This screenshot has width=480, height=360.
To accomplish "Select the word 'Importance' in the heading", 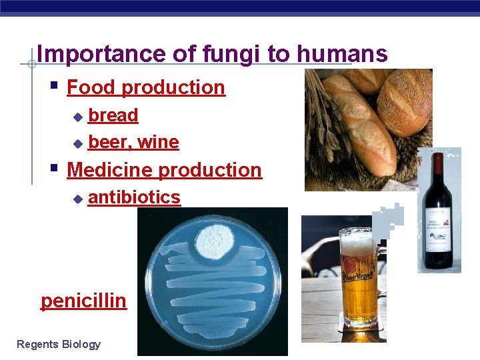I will point(93,54).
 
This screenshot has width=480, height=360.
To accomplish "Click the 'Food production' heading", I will point(146,87).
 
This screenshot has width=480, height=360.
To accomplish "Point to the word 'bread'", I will point(113,115).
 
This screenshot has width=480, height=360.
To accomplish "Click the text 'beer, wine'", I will point(133,142).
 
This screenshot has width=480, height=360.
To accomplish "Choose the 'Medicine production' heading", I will point(165,170).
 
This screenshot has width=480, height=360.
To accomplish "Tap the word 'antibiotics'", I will point(134,197).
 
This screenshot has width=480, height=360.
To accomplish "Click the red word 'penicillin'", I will point(83,301).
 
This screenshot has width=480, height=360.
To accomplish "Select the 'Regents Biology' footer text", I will point(59,344).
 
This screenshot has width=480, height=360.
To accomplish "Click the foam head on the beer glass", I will point(358,240).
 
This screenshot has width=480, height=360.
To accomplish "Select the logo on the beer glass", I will point(359,279).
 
